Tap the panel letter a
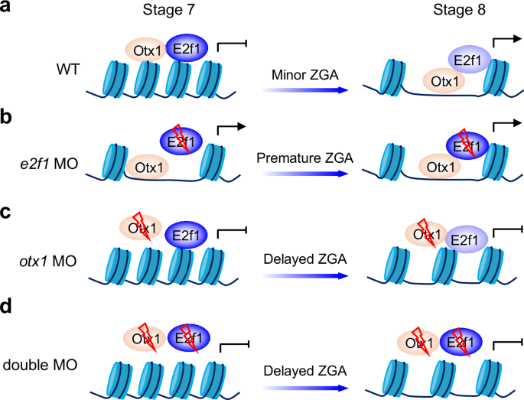pyautogui.click(x=8, y=9)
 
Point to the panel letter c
pyautogui.click(x=8, y=207)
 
